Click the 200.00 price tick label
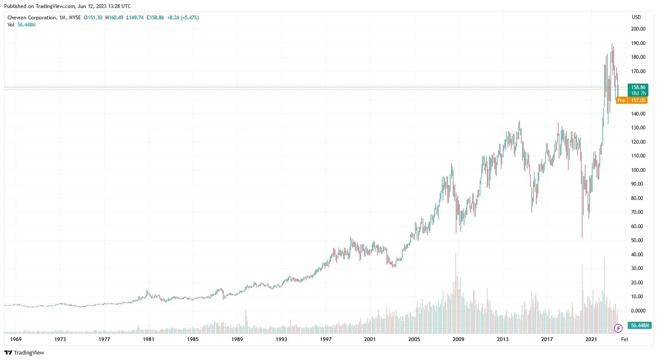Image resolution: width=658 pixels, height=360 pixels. coord(638,29)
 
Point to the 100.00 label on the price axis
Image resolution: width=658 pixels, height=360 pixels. coord(638,170)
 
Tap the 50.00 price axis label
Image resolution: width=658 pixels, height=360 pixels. coord(639,240)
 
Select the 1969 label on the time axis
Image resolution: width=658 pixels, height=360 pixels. coord(16,339)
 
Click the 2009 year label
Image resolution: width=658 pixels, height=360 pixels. coord(458,339)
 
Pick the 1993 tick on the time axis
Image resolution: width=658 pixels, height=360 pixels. coord(282,339)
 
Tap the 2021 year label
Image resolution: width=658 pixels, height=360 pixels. coord(591,339)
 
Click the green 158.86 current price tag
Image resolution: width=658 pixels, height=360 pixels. coord(638,87)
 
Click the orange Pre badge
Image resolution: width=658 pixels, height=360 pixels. coord(621,100)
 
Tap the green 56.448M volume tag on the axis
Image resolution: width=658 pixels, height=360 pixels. coord(639,326)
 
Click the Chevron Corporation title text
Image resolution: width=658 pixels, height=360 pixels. coord(32,18)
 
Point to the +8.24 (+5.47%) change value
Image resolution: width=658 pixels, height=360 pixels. coord(183,18)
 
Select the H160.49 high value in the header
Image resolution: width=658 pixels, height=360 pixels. coord(114,18)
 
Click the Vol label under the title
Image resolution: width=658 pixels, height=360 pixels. coord(11,25)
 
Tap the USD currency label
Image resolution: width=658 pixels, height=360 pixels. coord(636,17)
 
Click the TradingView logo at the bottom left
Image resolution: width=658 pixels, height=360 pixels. coord(24,353)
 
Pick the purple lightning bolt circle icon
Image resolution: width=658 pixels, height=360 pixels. coord(618,328)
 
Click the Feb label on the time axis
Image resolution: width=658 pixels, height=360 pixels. coord(624,339)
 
